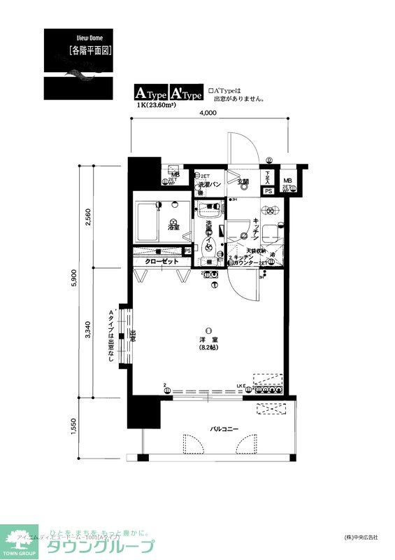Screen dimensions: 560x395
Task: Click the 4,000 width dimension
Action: (x=208, y=113)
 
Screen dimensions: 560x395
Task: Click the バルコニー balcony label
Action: (x=224, y=428)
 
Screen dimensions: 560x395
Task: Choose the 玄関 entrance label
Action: (x=242, y=182)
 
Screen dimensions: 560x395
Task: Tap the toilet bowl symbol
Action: (x=208, y=244)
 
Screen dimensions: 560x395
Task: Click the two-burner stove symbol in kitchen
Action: (x=269, y=211)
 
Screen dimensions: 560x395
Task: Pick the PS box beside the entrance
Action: (x=268, y=190)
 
